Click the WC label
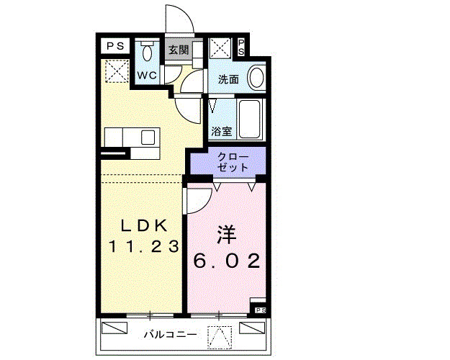[x=147, y=74]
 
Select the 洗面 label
[x=229, y=79]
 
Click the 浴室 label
[x=222, y=132]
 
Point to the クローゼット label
[x=231, y=161]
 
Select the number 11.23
[x=143, y=246]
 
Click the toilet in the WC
[x=147, y=52]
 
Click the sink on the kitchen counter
[x=148, y=137]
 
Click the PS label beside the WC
[x=115, y=45]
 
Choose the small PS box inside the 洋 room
[x=259, y=310]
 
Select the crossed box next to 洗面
[x=220, y=49]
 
